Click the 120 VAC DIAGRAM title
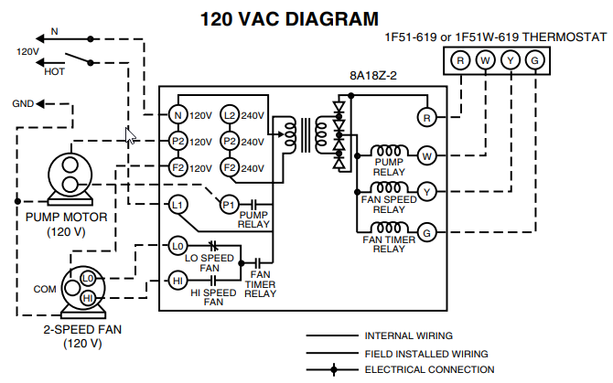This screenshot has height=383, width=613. (x=288, y=17)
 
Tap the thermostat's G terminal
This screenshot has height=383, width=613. (x=535, y=61)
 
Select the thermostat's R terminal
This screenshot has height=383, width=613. (x=460, y=61)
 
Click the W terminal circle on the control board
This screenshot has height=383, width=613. (x=425, y=155)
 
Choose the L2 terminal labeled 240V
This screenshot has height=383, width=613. (x=230, y=115)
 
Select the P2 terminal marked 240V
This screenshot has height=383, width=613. (x=230, y=142)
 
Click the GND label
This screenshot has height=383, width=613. (x=23, y=103)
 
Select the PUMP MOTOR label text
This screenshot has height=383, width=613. (x=67, y=218)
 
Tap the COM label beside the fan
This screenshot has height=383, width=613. (x=45, y=289)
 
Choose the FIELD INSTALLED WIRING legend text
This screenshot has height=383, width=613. (x=425, y=353)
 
